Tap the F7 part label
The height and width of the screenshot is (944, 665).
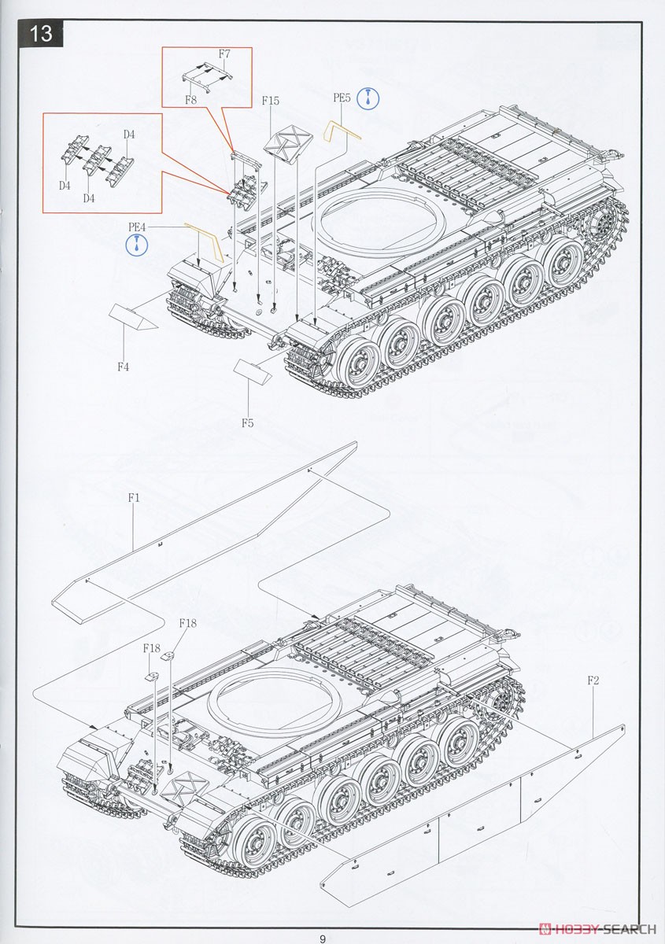(x=224, y=54)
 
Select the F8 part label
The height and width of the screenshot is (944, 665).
(x=190, y=100)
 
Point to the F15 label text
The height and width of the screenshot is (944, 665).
(x=270, y=101)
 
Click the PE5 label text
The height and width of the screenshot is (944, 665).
(x=341, y=98)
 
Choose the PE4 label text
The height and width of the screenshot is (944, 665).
(x=137, y=227)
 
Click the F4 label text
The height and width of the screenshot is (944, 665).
(x=123, y=367)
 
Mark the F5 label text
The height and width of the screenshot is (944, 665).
(x=247, y=423)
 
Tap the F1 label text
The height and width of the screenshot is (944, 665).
(x=133, y=498)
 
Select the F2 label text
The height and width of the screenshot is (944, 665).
(x=593, y=680)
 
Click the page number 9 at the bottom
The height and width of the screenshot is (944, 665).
(x=323, y=938)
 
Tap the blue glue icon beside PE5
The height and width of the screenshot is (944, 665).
(x=368, y=98)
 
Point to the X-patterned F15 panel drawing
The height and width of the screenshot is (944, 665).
(x=285, y=144)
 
